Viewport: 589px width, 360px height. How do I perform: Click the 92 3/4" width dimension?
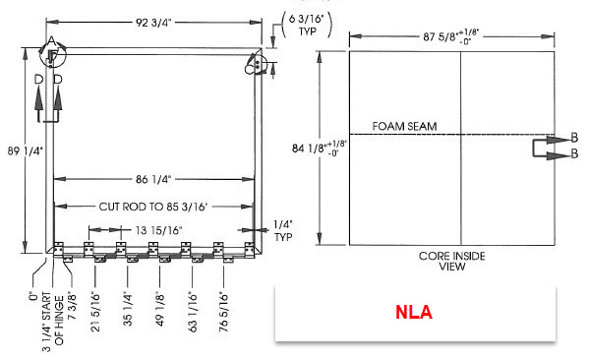click(153, 23)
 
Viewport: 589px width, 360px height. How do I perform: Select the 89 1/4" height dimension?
click(26, 151)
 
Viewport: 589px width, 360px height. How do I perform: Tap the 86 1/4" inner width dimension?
click(153, 179)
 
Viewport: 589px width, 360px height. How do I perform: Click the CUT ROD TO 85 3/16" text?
click(153, 207)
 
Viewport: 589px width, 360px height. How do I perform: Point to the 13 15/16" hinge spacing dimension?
click(158, 230)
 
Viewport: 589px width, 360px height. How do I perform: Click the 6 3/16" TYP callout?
click(307, 25)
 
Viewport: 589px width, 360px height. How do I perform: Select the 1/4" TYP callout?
click(283, 231)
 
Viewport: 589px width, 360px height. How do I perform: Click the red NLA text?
click(414, 312)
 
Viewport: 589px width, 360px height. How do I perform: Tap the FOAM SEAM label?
click(404, 126)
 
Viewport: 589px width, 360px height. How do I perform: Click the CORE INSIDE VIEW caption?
click(452, 262)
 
